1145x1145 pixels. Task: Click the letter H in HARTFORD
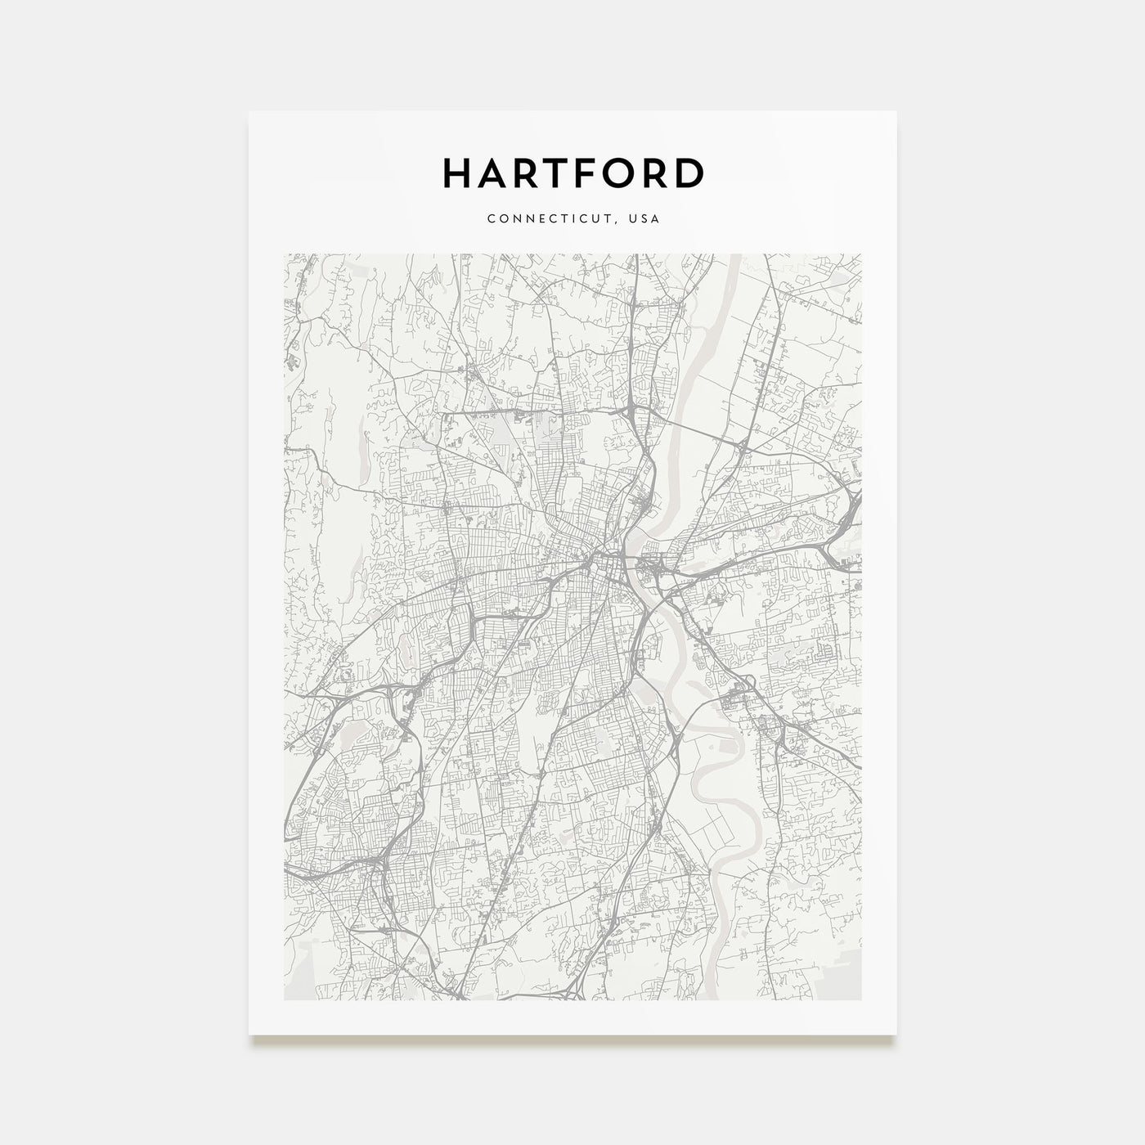[x=456, y=173]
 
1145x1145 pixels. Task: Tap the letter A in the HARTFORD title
[x=490, y=173]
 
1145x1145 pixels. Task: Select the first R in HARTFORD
[x=523, y=173]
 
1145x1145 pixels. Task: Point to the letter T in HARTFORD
[x=555, y=173]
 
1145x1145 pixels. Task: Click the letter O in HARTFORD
[x=618, y=173]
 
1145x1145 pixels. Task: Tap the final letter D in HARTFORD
[x=689, y=173]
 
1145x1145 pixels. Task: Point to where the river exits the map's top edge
[x=730, y=256]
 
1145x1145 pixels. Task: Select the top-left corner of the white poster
[x=249, y=111]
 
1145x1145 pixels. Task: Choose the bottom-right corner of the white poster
[x=896, y=1034]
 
